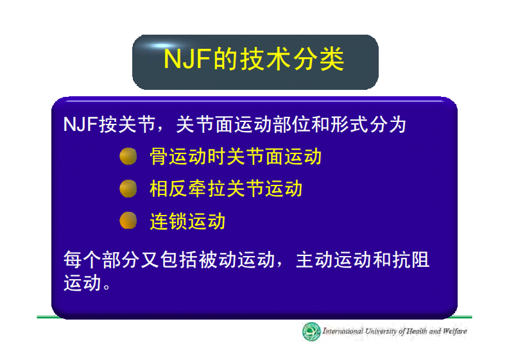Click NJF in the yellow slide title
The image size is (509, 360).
[x=187, y=59]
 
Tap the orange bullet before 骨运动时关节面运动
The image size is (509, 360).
[x=128, y=157]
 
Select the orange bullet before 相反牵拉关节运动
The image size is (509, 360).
[x=128, y=189]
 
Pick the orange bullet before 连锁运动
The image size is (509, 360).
[x=128, y=221]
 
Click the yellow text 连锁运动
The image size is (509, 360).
[x=187, y=221]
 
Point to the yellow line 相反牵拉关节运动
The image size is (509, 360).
[x=225, y=189]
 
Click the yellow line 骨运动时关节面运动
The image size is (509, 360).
[x=235, y=157]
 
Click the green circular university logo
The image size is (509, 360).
[x=312, y=332]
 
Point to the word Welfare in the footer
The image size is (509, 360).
[x=454, y=332]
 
